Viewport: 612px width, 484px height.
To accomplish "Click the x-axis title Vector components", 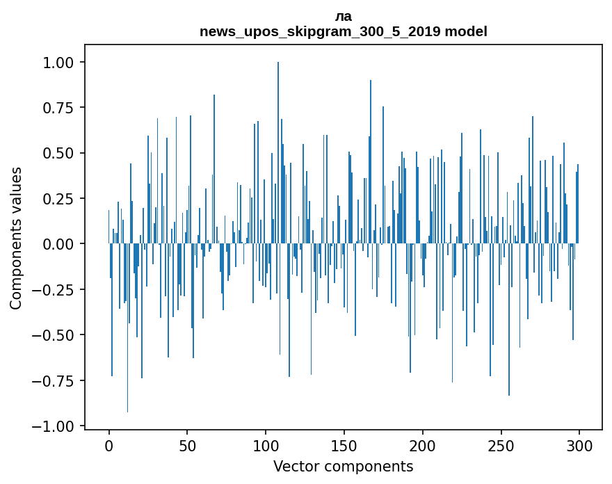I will click(x=344, y=467).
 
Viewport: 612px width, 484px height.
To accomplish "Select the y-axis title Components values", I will click(x=16, y=238).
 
